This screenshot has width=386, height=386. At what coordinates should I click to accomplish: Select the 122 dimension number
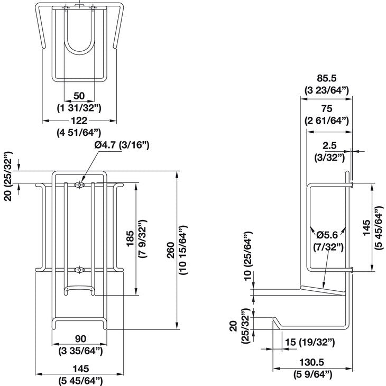[x=79, y=121]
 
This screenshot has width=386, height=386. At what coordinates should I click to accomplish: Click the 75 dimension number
[x=326, y=108]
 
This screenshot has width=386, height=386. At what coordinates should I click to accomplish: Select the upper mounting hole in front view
[x=79, y=185]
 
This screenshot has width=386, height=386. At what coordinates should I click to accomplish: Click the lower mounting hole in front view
[x=79, y=270]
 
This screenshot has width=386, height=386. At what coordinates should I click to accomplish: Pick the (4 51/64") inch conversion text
[x=79, y=133]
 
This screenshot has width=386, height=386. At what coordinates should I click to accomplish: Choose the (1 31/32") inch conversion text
[x=79, y=107]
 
